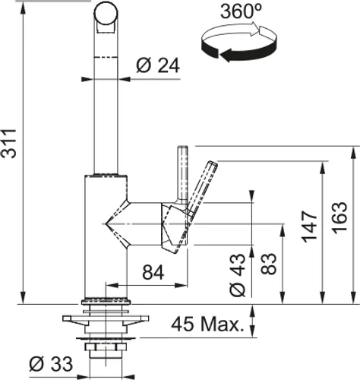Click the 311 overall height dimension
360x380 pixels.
[8, 144]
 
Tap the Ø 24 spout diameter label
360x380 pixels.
[158, 65]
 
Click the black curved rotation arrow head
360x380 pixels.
[226, 55]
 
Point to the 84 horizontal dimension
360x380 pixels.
[153, 272]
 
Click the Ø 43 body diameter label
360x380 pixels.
[238, 275]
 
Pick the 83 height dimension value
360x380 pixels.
[269, 264]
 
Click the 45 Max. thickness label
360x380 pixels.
[207, 324]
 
